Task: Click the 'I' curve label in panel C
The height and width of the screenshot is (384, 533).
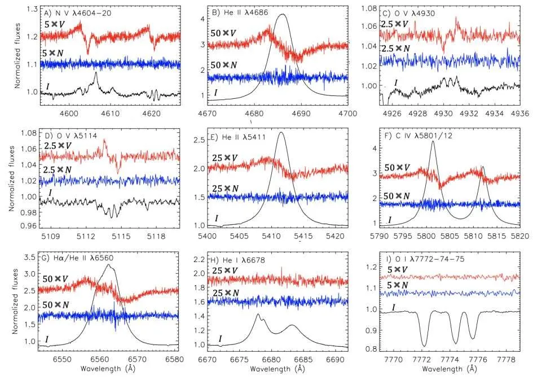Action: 396,83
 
